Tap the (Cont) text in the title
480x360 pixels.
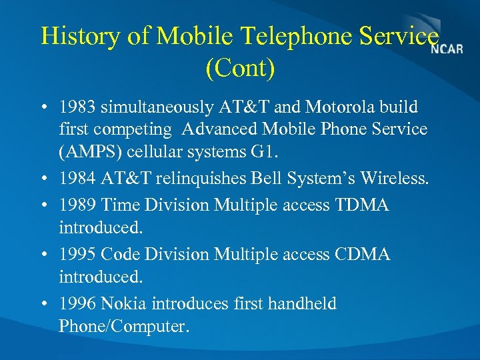(x=240, y=69)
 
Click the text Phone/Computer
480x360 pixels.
(x=124, y=327)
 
